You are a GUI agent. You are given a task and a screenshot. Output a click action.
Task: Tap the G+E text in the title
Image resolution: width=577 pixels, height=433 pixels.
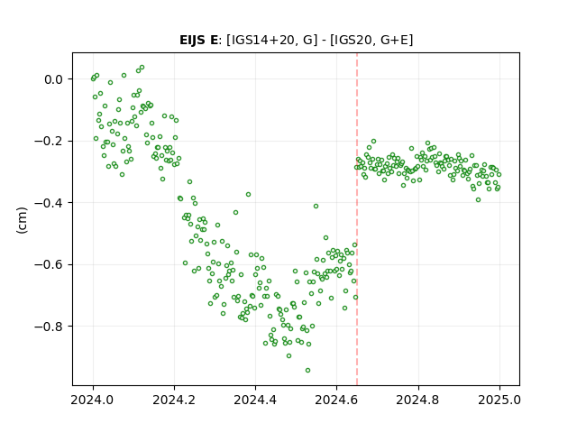(394, 40)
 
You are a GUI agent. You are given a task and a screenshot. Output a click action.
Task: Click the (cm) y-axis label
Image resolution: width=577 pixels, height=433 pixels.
(22, 220)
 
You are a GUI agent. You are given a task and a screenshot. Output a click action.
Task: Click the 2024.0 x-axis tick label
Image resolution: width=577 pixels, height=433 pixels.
(93, 400)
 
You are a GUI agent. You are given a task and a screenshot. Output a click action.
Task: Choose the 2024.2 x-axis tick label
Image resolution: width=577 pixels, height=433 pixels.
(174, 400)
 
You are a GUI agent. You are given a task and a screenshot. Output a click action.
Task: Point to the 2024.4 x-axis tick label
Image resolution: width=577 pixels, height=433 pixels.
(255, 400)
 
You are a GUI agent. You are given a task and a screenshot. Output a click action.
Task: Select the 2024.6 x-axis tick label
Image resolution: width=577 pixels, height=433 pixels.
(336, 400)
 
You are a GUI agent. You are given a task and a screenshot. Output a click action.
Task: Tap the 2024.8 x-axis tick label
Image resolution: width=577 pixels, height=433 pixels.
(418, 400)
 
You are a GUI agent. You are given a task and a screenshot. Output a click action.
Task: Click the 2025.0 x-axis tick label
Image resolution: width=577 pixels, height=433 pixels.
(499, 400)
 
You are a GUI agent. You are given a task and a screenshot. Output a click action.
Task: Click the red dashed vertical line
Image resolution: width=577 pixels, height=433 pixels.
(357, 219)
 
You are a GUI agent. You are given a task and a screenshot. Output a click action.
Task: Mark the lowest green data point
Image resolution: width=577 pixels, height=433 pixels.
(307, 370)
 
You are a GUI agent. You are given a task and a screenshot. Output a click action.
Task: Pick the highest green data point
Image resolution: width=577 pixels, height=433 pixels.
(142, 68)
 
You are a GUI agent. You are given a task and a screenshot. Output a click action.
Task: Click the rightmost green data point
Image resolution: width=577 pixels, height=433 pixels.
(499, 174)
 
